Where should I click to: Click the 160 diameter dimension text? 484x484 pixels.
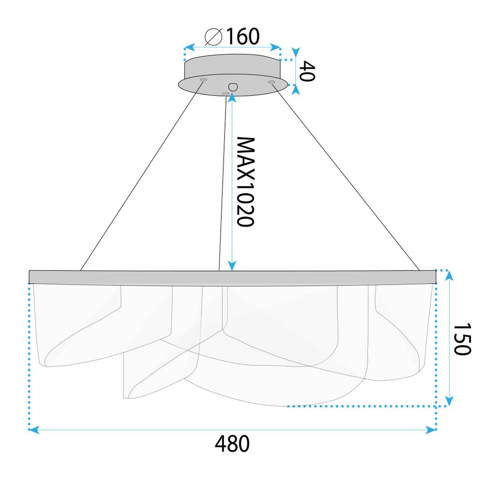point(241,36)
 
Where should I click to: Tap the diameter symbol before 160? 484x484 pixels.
point(213,37)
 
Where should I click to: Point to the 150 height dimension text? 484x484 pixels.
point(462,339)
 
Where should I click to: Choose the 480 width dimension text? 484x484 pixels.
point(232,444)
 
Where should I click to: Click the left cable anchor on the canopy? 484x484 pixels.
point(204,79)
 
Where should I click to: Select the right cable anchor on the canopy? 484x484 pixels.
point(272,82)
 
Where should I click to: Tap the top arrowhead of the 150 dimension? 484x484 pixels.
point(450,275)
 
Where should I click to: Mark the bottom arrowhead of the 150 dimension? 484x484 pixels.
point(450,401)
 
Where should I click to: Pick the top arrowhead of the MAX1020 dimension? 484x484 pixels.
point(233,96)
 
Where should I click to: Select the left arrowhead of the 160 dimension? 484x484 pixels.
point(188,48)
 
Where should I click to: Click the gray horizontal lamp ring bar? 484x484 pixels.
point(232,277)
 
